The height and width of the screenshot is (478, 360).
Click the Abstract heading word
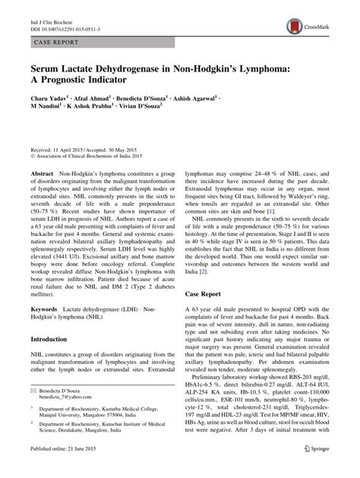(42, 173)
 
